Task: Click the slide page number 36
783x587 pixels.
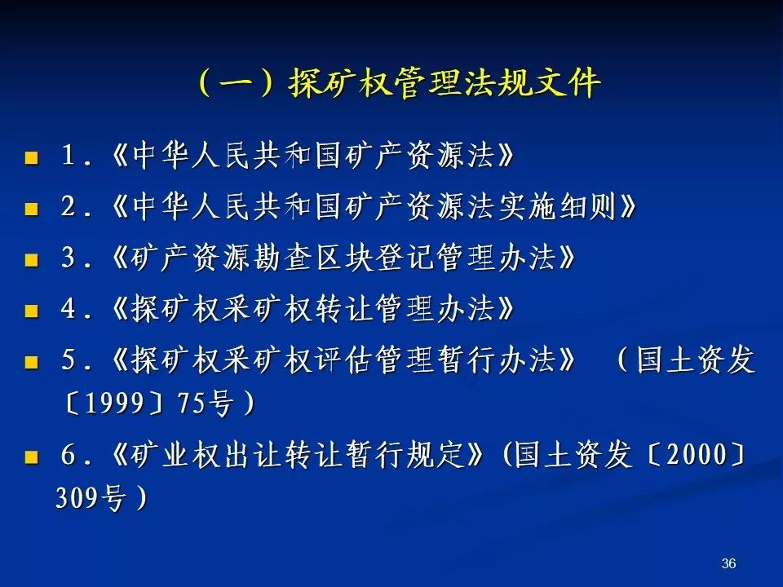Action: pos(728,563)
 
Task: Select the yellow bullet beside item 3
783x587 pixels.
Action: pos(31,260)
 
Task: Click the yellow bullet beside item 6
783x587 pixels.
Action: pos(31,457)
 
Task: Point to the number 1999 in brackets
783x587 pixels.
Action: pos(115,402)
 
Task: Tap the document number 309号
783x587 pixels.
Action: pos(90,497)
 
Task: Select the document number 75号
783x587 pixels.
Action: pos(206,402)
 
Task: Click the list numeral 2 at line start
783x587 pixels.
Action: pos(69,205)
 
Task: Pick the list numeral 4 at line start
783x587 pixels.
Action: pos(69,308)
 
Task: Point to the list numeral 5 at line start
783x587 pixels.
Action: pos(69,360)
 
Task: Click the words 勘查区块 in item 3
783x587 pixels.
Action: pos(314,258)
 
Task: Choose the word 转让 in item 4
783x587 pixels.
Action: pos(344,308)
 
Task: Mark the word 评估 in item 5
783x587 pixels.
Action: pos(344,360)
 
